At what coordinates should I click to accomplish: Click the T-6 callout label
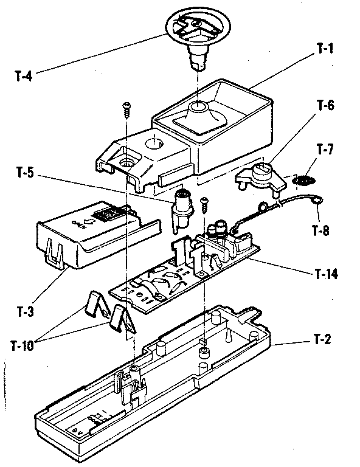tap(325, 106)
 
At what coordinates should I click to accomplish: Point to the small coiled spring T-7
tap(304, 180)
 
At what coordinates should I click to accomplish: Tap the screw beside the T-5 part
tap(205, 202)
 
